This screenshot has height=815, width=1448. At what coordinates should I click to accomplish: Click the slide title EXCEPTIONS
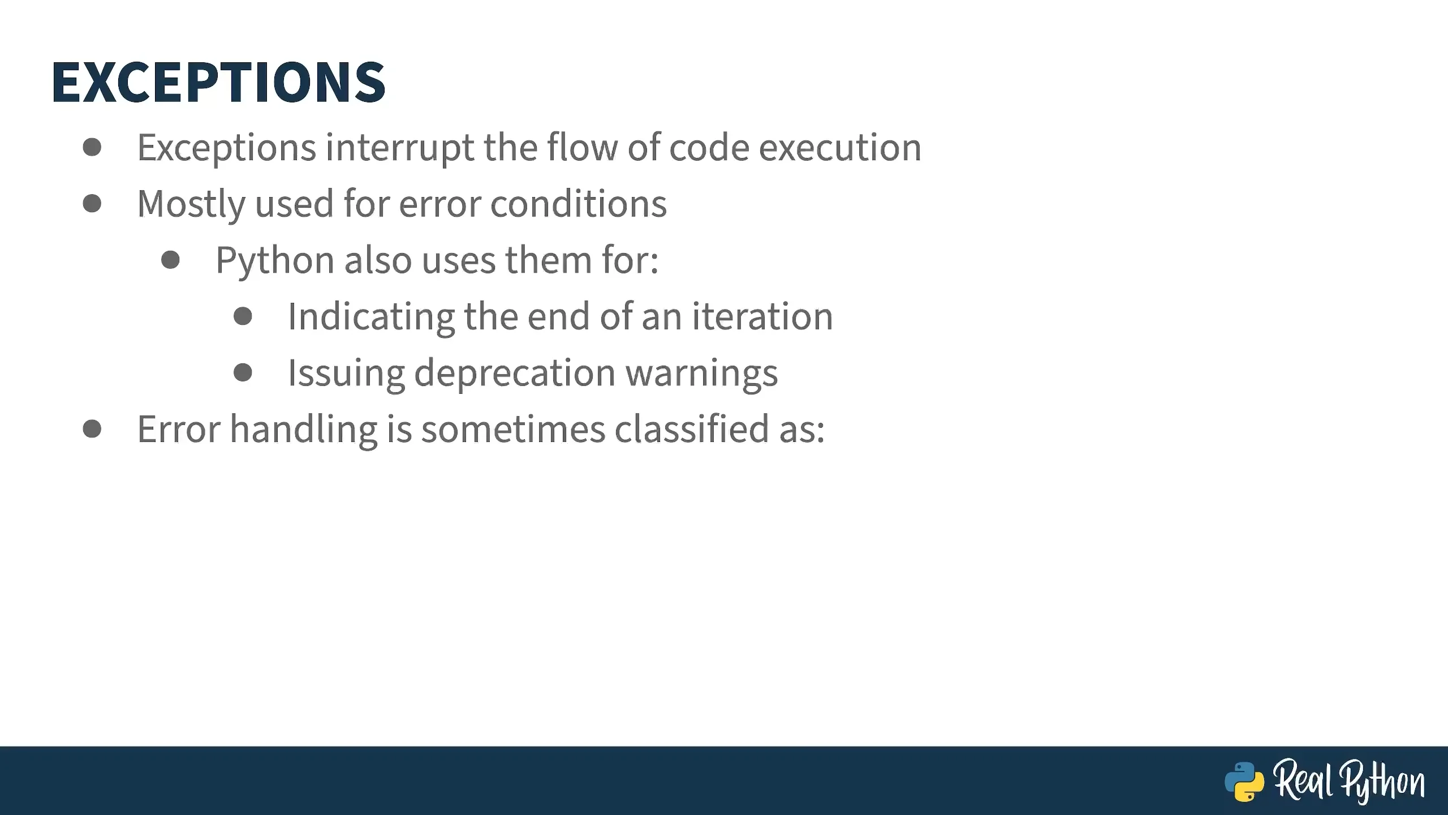tap(218, 82)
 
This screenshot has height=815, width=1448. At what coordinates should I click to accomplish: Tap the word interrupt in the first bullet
tap(400, 148)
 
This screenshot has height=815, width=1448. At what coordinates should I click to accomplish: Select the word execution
tap(840, 148)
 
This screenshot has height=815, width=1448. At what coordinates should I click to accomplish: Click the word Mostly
tap(191, 204)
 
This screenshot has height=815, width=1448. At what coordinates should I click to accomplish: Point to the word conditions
tap(579, 203)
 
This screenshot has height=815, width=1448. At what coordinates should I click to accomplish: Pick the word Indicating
tap(371, 317)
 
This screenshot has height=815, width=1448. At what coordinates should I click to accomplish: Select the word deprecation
tap(515, 374)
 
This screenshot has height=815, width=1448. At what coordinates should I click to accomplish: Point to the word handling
tap(304, 430)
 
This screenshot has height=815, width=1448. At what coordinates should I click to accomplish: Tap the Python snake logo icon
tap(1244, 782)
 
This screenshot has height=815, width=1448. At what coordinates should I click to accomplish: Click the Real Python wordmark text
tap(1349, 782)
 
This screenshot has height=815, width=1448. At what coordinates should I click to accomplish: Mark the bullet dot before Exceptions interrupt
tap(92, 147)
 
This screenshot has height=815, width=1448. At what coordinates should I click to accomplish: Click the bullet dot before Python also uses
tap(170, 260)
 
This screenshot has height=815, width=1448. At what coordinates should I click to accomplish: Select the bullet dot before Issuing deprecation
tap(243, 372)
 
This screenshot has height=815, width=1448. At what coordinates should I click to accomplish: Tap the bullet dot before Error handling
tap(92, 428)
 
